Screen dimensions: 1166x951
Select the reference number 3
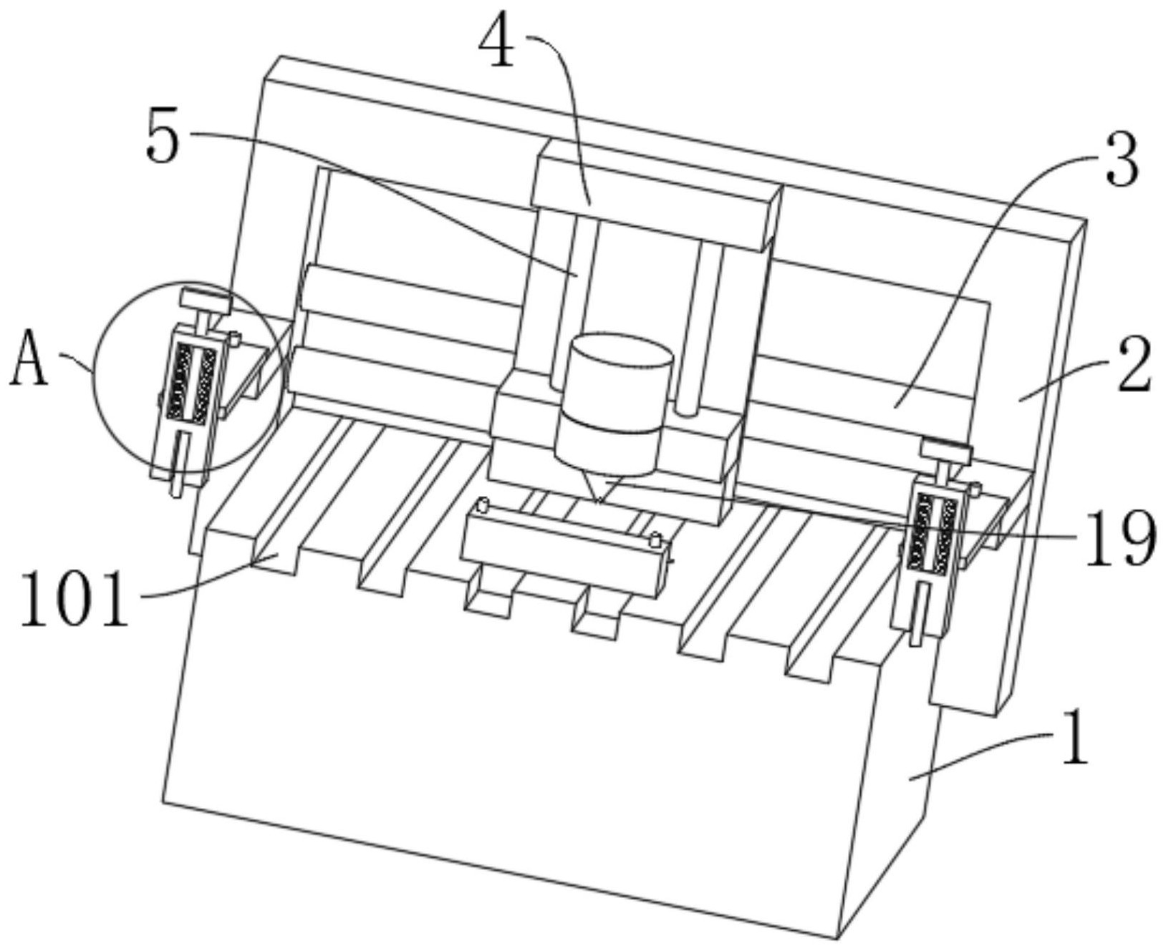1121,162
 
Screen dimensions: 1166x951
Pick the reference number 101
74,598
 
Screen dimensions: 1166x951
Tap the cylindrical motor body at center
613,401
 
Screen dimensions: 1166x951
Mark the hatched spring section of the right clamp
933,535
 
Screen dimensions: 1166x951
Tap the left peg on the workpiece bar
483,506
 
